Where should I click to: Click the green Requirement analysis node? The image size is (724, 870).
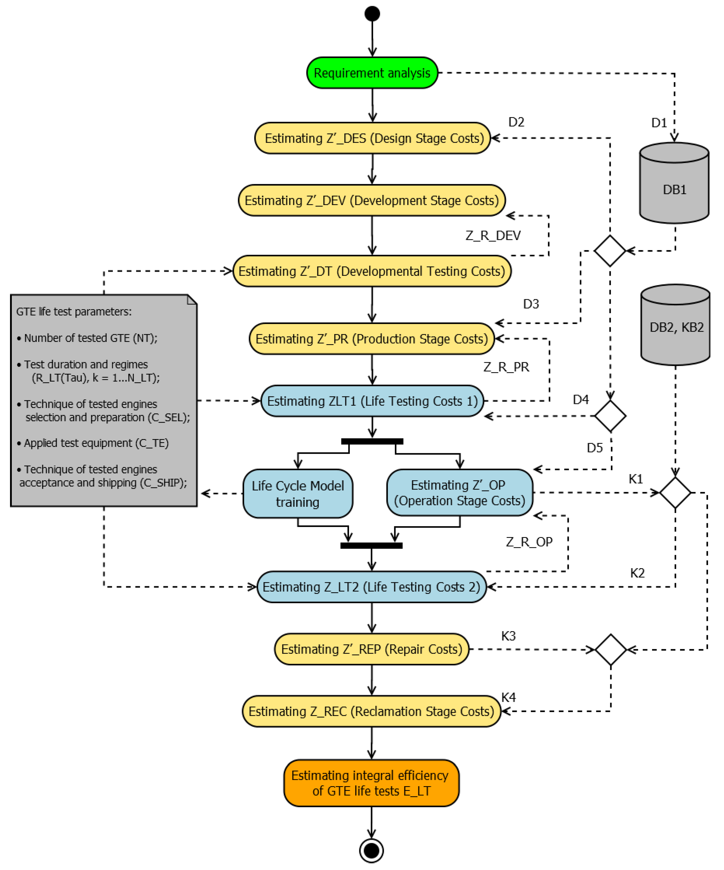click(x=372, y=73)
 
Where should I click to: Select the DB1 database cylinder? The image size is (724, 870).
click(x=674, y=183)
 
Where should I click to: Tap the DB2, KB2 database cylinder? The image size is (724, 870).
click(x=675, y=325)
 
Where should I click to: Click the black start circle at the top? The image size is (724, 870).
click(x=372, y=14)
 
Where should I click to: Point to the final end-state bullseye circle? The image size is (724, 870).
click(x=371, y=851)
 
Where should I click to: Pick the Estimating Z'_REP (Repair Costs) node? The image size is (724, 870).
click(x=372, y=649)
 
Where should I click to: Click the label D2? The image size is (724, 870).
click(x=516, y=122)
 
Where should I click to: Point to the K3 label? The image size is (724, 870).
click(x=508, y=636)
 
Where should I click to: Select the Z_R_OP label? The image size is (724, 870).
click(x=529, y=542)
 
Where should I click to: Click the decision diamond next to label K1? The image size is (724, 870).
click(x=675, y=493)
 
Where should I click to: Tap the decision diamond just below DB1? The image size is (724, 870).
click(x=610, y=251)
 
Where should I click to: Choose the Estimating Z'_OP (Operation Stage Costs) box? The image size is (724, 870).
click(x=459, y=493)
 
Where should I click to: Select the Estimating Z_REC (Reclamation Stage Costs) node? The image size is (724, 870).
click(x=371, y=711)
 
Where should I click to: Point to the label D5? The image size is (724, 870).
click(x=595, y=448)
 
